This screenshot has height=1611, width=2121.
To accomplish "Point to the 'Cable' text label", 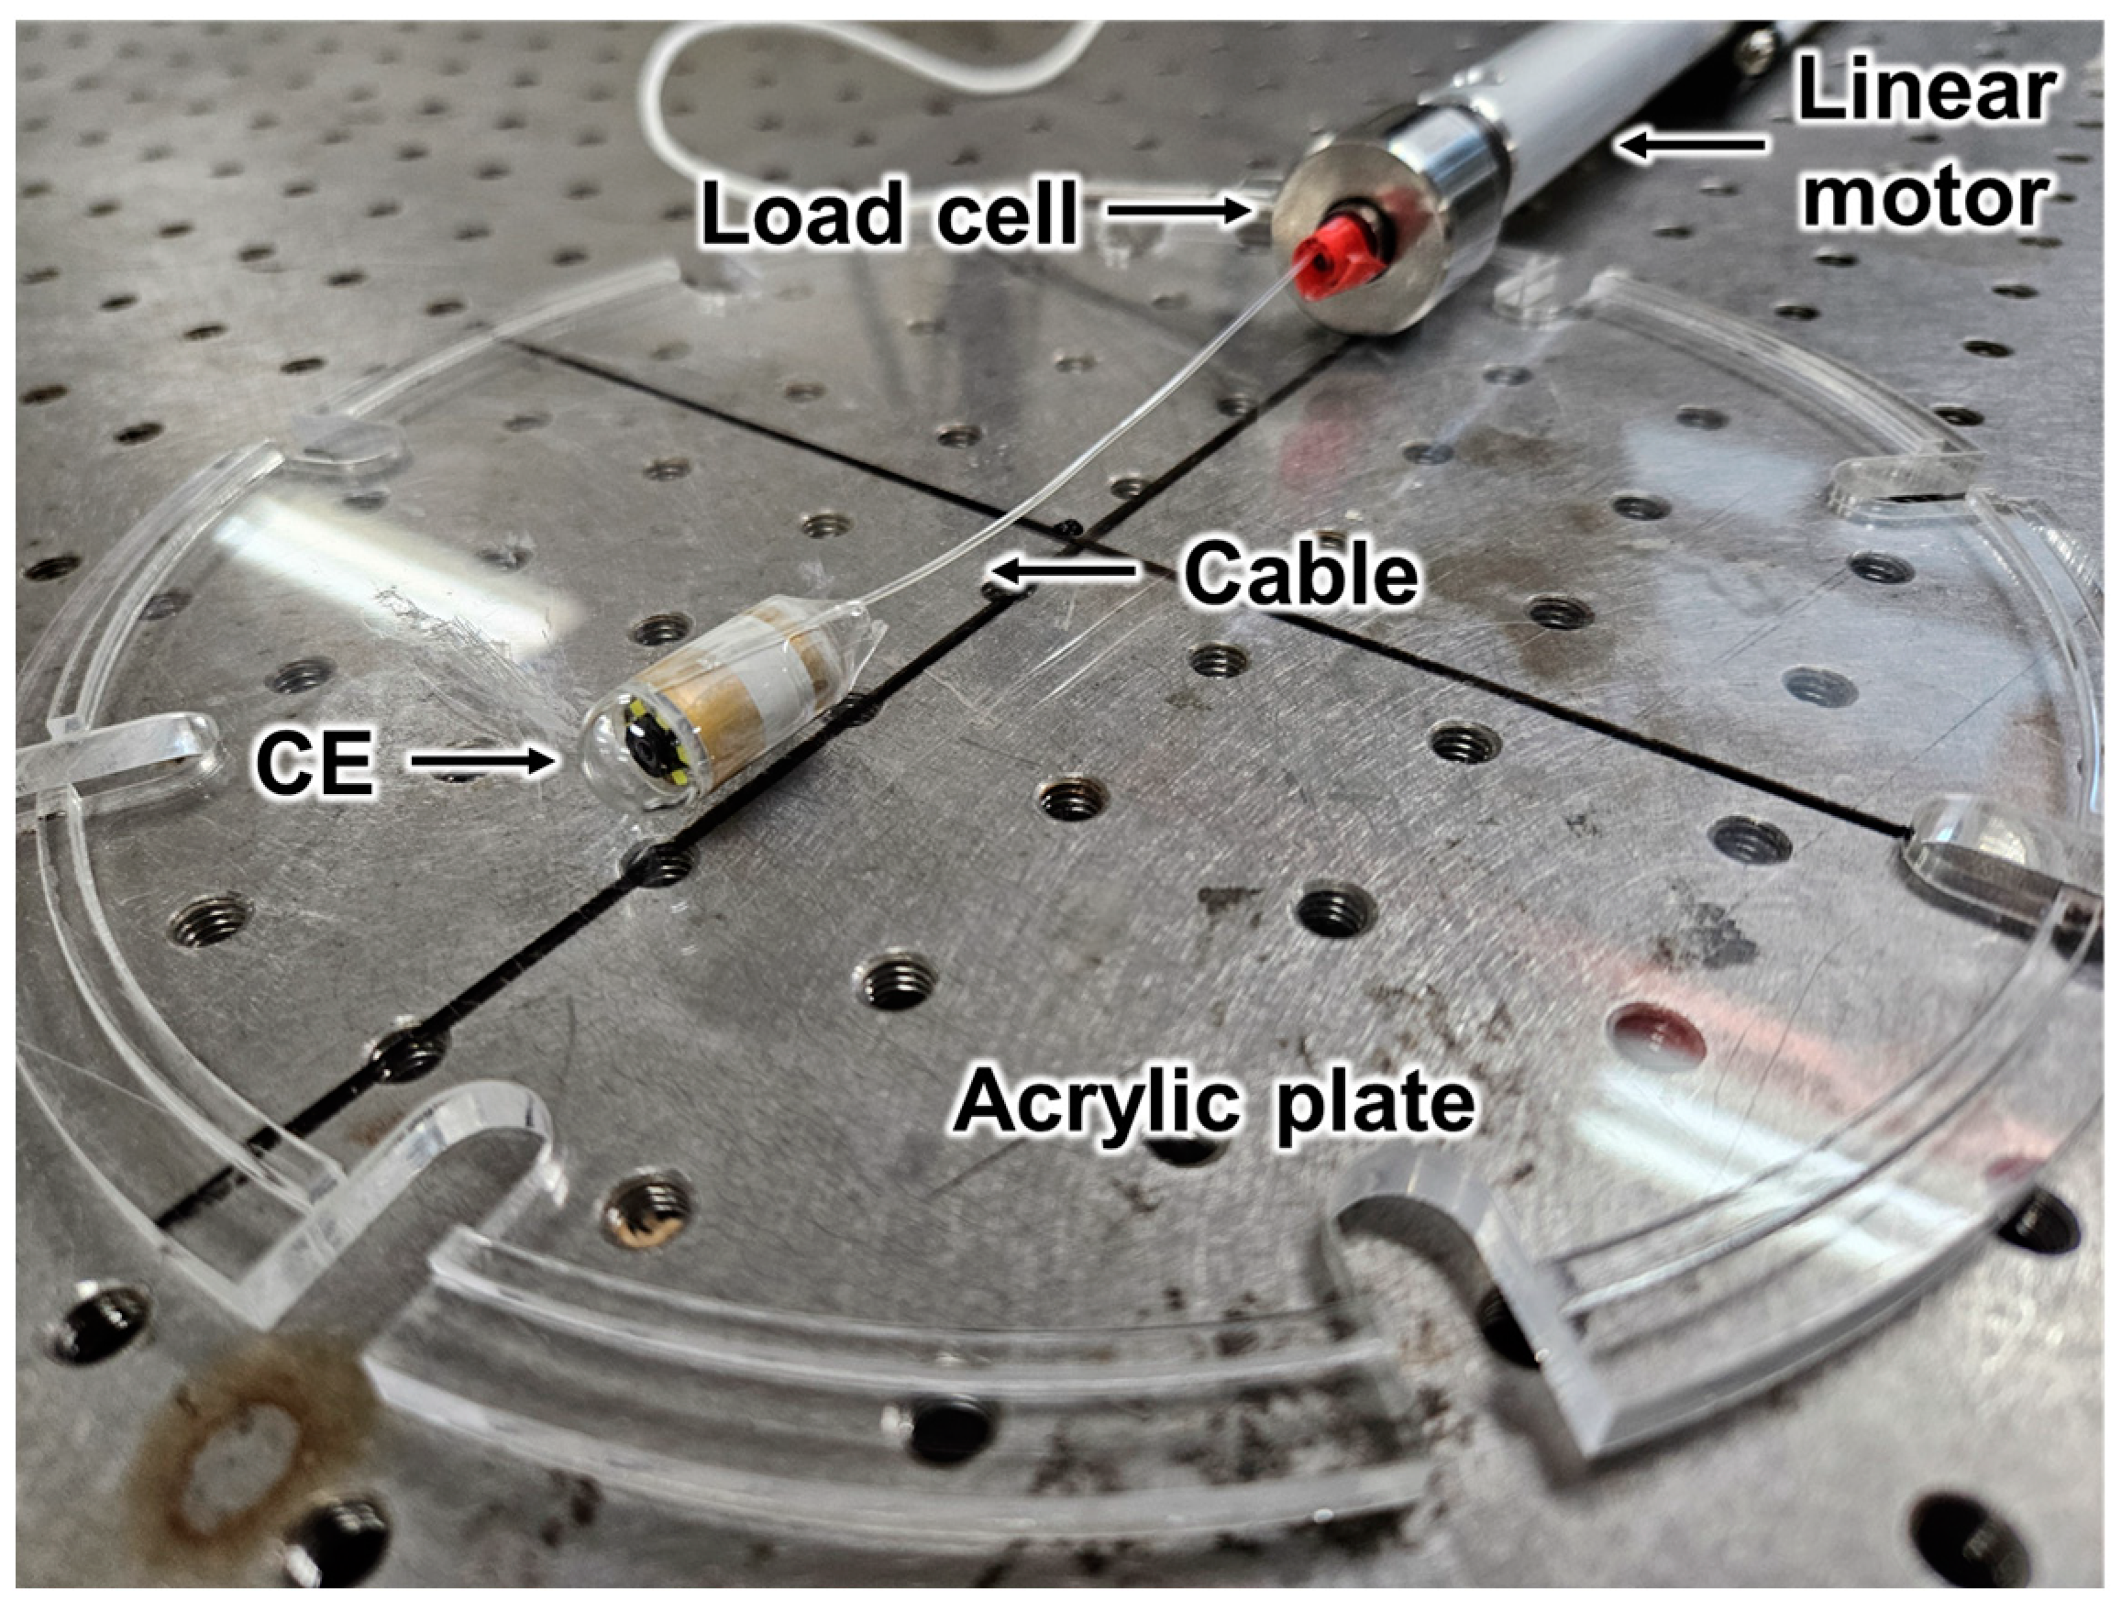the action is click(1300, 572).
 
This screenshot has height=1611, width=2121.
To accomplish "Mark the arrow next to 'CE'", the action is click(484, 761).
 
